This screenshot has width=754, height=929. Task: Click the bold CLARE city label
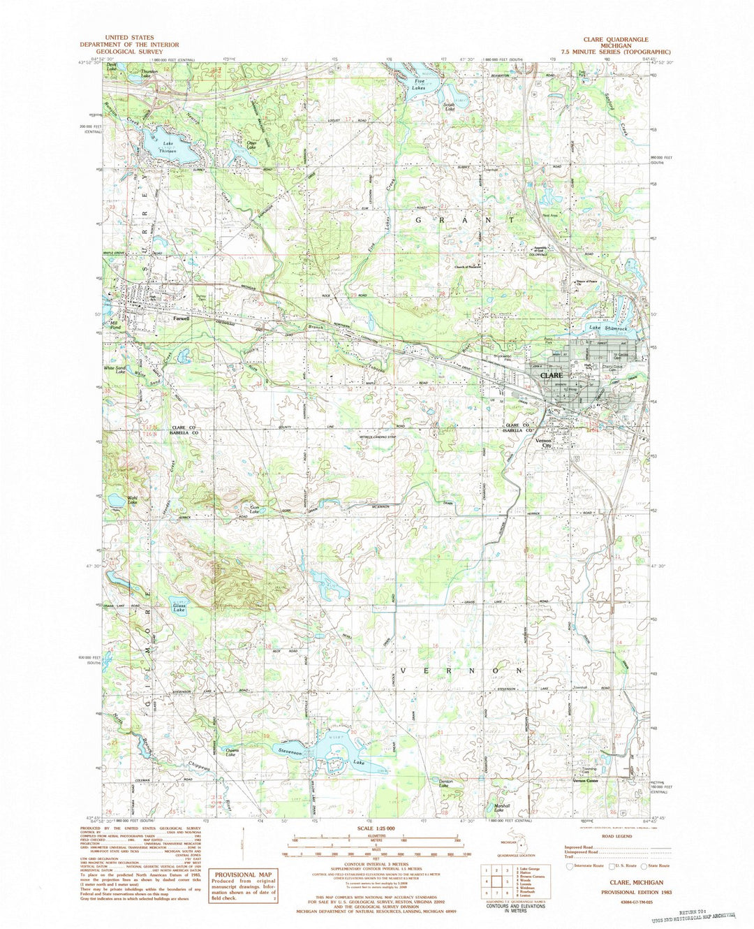pos(550,375)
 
